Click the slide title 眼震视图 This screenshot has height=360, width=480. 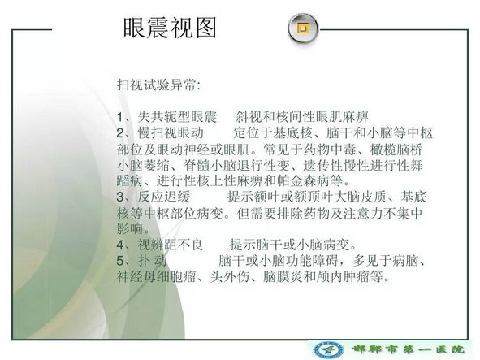tap(170, 28)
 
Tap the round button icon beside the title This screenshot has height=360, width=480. tap(303, 28)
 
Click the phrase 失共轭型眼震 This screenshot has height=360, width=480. tap(177, 117)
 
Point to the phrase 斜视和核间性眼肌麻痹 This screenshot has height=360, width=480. tap(302, 117)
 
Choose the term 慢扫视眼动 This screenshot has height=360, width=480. tap(171, 132)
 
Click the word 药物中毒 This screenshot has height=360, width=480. tap(330, 149)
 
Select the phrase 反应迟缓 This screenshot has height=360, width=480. tap(164, 197)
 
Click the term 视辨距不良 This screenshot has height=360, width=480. tap(170, 245)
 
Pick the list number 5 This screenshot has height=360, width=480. tap(120, 261)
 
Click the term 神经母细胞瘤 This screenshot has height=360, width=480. tap(157, 276)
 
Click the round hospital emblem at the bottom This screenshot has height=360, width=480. tap(329, 349)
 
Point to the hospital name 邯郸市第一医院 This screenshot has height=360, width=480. tap(408, 349)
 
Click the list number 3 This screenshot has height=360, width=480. tap(120, 197)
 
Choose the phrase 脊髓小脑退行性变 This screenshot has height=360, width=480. tap(236, 165)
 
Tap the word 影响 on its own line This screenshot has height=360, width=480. tap(130, 228)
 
